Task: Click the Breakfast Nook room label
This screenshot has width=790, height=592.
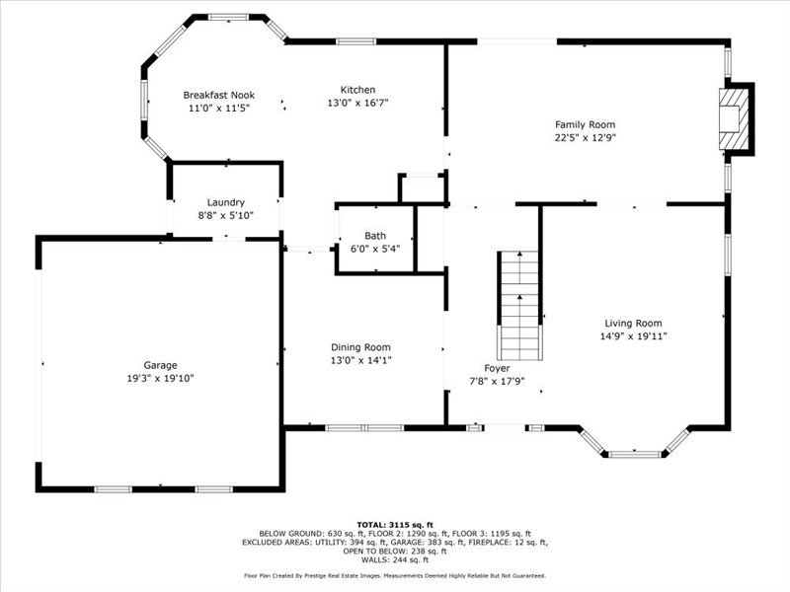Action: tap(218, 95)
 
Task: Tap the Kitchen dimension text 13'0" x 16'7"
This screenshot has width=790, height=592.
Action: tap(358, 103)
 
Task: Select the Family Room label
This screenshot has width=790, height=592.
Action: tap(585, 124)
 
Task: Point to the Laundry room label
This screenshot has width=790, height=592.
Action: tap(225, 202)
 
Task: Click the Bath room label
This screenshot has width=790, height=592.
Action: tap(375, 236)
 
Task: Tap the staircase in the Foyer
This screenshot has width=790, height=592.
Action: tap(519, 305)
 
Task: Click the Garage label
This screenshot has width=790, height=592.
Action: tap(160, 365)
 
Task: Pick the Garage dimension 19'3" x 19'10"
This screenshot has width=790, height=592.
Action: tap(160, 378)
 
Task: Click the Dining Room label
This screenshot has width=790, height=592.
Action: tap(360, 347)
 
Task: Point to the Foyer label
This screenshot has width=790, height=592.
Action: tap(497, 368)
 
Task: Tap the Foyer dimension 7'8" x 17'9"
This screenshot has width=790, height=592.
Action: tap(497, 381)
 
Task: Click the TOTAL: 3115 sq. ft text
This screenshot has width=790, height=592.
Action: tap(394, 525)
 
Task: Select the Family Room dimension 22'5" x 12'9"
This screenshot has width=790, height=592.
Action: tap(585, 137)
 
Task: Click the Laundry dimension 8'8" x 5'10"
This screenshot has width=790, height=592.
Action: tap(225, 215)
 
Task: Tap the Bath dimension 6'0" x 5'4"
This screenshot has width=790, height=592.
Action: tap(375, 249)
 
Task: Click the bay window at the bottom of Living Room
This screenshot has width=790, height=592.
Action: tap(635, 453)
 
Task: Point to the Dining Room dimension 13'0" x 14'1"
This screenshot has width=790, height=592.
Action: tap(360, 360)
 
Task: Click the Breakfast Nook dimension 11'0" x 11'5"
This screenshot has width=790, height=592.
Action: tap(218, 108)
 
